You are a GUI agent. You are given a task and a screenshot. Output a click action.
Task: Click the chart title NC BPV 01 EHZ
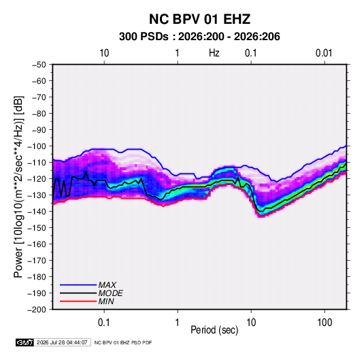point(199,19)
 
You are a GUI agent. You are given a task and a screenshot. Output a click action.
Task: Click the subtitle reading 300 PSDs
point(144,37)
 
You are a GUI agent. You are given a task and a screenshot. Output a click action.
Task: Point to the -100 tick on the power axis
point(37,146)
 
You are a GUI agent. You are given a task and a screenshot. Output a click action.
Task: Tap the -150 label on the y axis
point(37,228)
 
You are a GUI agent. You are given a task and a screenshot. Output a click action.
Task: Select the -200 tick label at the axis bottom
point(37,310)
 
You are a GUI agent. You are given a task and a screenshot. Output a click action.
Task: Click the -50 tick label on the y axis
point(39,65)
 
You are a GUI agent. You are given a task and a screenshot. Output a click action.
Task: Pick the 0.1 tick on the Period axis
point(104,323)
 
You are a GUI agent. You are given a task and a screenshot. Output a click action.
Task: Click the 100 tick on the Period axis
point(325,323)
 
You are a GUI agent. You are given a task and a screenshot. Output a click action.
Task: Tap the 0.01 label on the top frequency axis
point(324,53)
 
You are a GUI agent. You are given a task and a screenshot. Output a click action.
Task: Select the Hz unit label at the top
point(214,53)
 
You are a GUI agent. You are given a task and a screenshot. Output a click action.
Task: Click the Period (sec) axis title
point(214,330)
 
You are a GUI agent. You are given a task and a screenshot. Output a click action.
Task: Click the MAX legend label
point(107,284)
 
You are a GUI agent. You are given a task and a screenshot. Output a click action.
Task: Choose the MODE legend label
point(110,293)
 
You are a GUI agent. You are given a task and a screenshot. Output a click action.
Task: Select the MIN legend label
point(106,301)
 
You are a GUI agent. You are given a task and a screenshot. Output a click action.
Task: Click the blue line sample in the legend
point(78,285)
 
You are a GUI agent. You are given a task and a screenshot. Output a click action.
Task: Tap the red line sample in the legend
point(78,301)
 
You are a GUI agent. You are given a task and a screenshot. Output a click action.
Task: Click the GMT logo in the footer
point(25,342)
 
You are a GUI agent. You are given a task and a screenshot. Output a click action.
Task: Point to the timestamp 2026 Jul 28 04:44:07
point(62,342)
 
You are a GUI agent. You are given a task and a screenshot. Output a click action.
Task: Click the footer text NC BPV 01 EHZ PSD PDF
point(123,342)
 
